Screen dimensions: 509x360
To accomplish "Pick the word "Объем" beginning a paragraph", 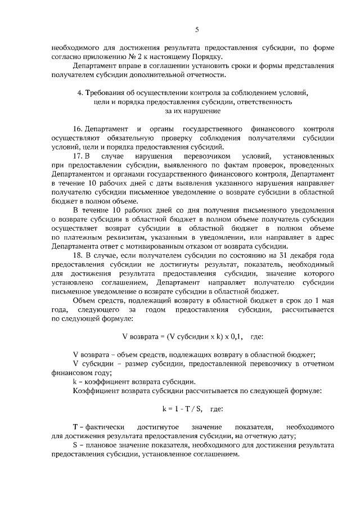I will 84,301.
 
